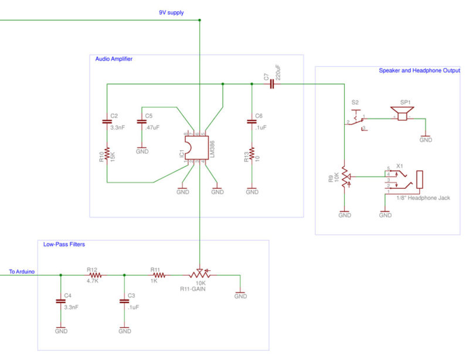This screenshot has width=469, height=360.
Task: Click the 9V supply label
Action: tap(171, 12)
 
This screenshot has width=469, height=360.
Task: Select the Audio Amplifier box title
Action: tap(114, 59)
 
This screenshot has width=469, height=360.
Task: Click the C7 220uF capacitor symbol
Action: tap(272, 84)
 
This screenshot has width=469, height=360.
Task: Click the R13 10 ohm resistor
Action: tap(252, 155)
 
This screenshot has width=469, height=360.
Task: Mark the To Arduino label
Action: tap(21, 271)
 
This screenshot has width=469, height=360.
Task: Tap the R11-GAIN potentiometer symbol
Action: tap(200, 274)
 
